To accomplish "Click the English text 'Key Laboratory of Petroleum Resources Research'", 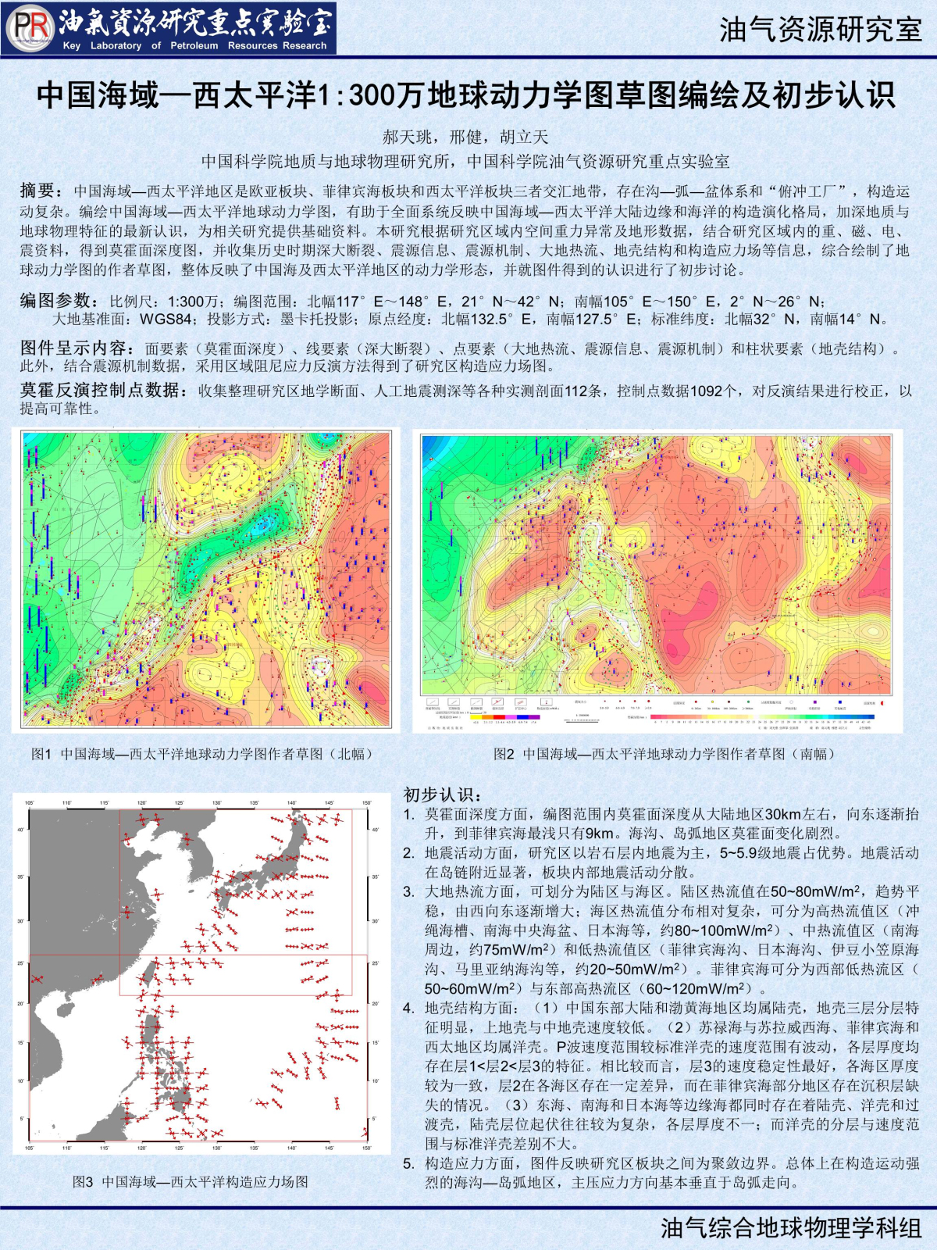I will point(194,46).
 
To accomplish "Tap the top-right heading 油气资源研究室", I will point(820,30).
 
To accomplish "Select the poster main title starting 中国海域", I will point(466,95).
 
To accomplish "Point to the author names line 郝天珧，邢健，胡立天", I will point(465,137).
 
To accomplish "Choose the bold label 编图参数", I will point(59,301).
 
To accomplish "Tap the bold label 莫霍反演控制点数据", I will point(104,390).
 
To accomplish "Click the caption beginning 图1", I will point(201,754).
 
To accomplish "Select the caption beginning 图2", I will point(664,754).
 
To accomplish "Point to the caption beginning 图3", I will point(191,1182).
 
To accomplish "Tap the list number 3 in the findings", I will point(409,891).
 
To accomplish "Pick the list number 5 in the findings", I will point(409,1163).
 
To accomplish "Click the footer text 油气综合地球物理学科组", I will point(791,1228).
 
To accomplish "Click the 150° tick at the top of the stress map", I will point(366,802).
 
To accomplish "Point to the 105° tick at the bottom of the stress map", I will point(30,1148).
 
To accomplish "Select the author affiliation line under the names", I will point(465,161).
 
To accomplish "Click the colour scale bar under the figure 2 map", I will point(761,716).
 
